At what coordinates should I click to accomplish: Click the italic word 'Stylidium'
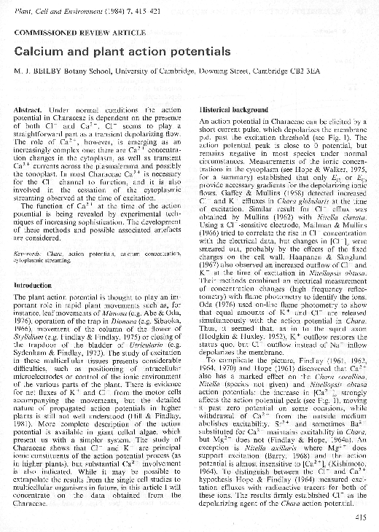30,337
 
